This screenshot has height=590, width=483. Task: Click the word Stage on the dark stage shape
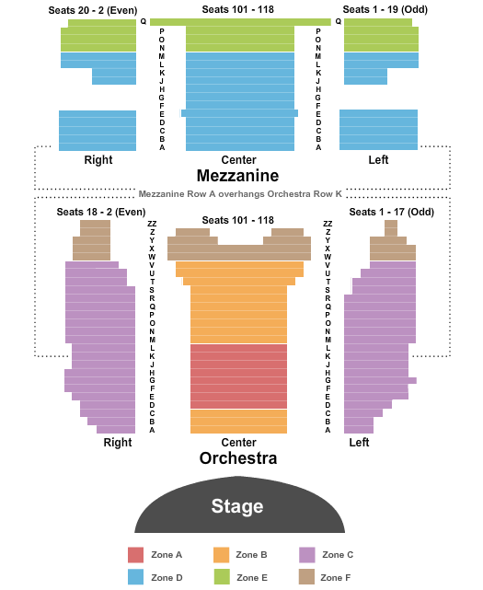[237, 505]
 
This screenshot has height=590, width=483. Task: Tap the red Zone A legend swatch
[135, 555]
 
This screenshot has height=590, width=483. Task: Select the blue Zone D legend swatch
[135, 577]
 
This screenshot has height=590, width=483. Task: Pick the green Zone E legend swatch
[222, 577]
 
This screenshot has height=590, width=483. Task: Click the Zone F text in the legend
[337, 578]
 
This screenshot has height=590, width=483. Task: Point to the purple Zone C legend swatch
[307, 555]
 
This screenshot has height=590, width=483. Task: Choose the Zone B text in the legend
[251, 555]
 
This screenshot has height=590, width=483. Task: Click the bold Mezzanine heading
[237, 176]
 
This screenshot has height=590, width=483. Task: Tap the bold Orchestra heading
[238, 458]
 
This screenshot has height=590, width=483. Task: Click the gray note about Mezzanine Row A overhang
[240, 194]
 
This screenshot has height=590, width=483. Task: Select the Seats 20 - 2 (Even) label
[93, 10]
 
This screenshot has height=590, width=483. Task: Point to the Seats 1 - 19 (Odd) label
[385, 9]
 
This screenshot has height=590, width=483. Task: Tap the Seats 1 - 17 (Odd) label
[392, 212]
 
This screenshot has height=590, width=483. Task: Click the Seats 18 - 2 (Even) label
[101, 212]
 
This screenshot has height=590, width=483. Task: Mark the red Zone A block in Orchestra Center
[238, 376]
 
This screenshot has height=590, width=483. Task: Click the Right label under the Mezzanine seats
[98, 160]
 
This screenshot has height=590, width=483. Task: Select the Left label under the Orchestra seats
[359, 442]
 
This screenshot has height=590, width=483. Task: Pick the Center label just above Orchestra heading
[238, 442]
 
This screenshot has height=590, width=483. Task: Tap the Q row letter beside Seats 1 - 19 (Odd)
[339, 21]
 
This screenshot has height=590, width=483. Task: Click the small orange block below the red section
[238, 422]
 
